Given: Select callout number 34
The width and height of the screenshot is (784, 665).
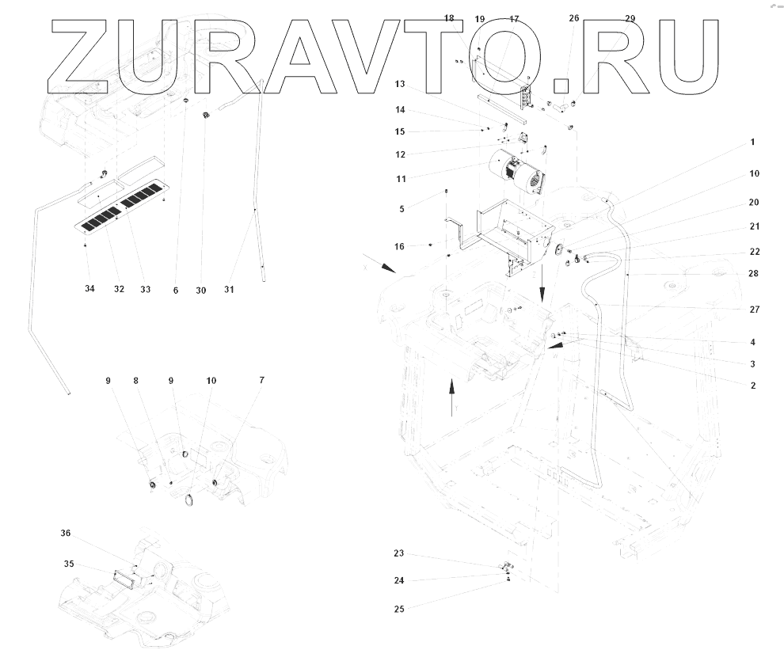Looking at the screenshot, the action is pyautogui.click(x=89, y=290).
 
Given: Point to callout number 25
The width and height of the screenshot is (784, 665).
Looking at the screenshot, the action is pyautogui.click(x=399, y=609).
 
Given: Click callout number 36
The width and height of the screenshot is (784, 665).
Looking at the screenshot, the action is pyautogui.click(x=66, y=533).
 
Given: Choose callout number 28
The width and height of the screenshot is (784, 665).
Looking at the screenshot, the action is pyautogui.click(x=752, y=273).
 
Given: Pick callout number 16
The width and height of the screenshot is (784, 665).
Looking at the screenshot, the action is pyautogui.click(x=400, y=247).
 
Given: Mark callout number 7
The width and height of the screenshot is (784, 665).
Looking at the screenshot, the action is pyautogui.click(x=261, y=381).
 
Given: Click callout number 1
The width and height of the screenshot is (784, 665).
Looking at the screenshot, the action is pyautogui.click(x=752, y=142).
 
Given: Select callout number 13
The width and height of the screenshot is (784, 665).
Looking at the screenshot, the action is pyautogui.click(x=400, y=84).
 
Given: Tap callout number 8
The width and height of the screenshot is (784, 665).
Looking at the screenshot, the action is pyautogui.click(x=136, y=381).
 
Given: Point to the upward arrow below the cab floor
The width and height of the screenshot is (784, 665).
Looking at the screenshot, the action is pyautogui.click(x=451, y=396).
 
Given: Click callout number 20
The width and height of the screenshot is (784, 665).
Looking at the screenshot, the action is pyautogui.click(x=752, y=202).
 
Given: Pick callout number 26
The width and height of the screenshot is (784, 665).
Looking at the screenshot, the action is pyautogui.click(x=574, y=17).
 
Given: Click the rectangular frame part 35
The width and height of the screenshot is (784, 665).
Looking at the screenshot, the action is pyautogui.click(x=122, y=574).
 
